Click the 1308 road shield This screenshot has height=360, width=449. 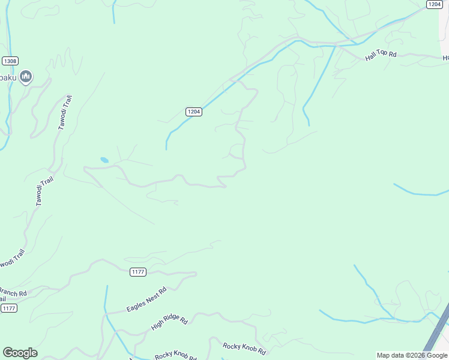[x=10, y=61]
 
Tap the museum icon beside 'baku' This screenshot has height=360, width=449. [x=26, y=76]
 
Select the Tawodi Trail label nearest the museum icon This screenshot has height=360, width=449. [x=65, y=112]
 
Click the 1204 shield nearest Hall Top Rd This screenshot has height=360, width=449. [x=435, y=4]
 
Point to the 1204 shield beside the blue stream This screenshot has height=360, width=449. [x=193, y=112]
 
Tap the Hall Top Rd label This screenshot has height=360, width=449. [x=381, y=55]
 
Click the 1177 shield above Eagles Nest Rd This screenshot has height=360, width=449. [x=138, y=272]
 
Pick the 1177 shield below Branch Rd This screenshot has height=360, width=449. [x=8, y=308]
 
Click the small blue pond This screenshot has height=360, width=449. [x=104, y=160]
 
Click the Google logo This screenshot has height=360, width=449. [x=20, y=353]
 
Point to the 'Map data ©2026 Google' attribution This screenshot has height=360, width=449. [x=412, y=355]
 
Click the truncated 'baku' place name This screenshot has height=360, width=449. [x=7, y=77]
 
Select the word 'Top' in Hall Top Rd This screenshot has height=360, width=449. [x=382, y=55]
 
